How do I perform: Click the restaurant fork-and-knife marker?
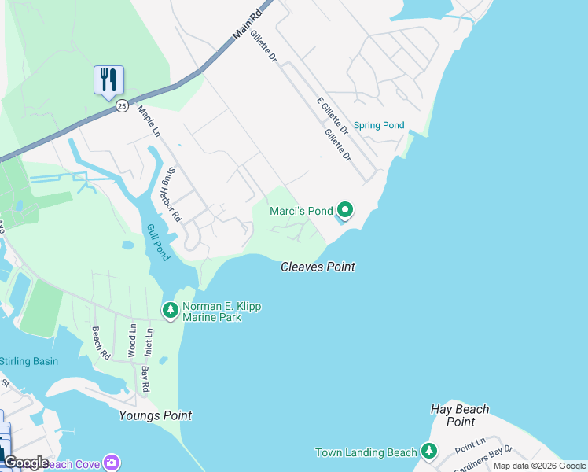[x=108, y=79]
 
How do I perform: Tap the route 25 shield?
[x=121, y=105]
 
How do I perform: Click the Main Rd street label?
[x=247, y=26]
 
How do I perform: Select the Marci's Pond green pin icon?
[x=344, y=210]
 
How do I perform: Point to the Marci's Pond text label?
[x=301, y=211]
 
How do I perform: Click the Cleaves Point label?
[x=318, y=267]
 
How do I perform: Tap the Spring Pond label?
[x=378, y=125]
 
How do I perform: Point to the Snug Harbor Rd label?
[x=171, y=194]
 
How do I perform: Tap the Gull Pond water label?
[x=156, y=242]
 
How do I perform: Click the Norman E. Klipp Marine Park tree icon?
[x=170, y=311]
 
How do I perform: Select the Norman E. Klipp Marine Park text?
[x=222, y=312]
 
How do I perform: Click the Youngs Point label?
[x=155, y=415]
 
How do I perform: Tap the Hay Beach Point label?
[x=460, y=415]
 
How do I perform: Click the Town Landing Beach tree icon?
[x=428, y=452]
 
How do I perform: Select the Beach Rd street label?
[x=101, y=343]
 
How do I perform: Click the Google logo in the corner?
[x=25, y=463]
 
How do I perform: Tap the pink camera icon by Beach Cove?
[x=112, y=463]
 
